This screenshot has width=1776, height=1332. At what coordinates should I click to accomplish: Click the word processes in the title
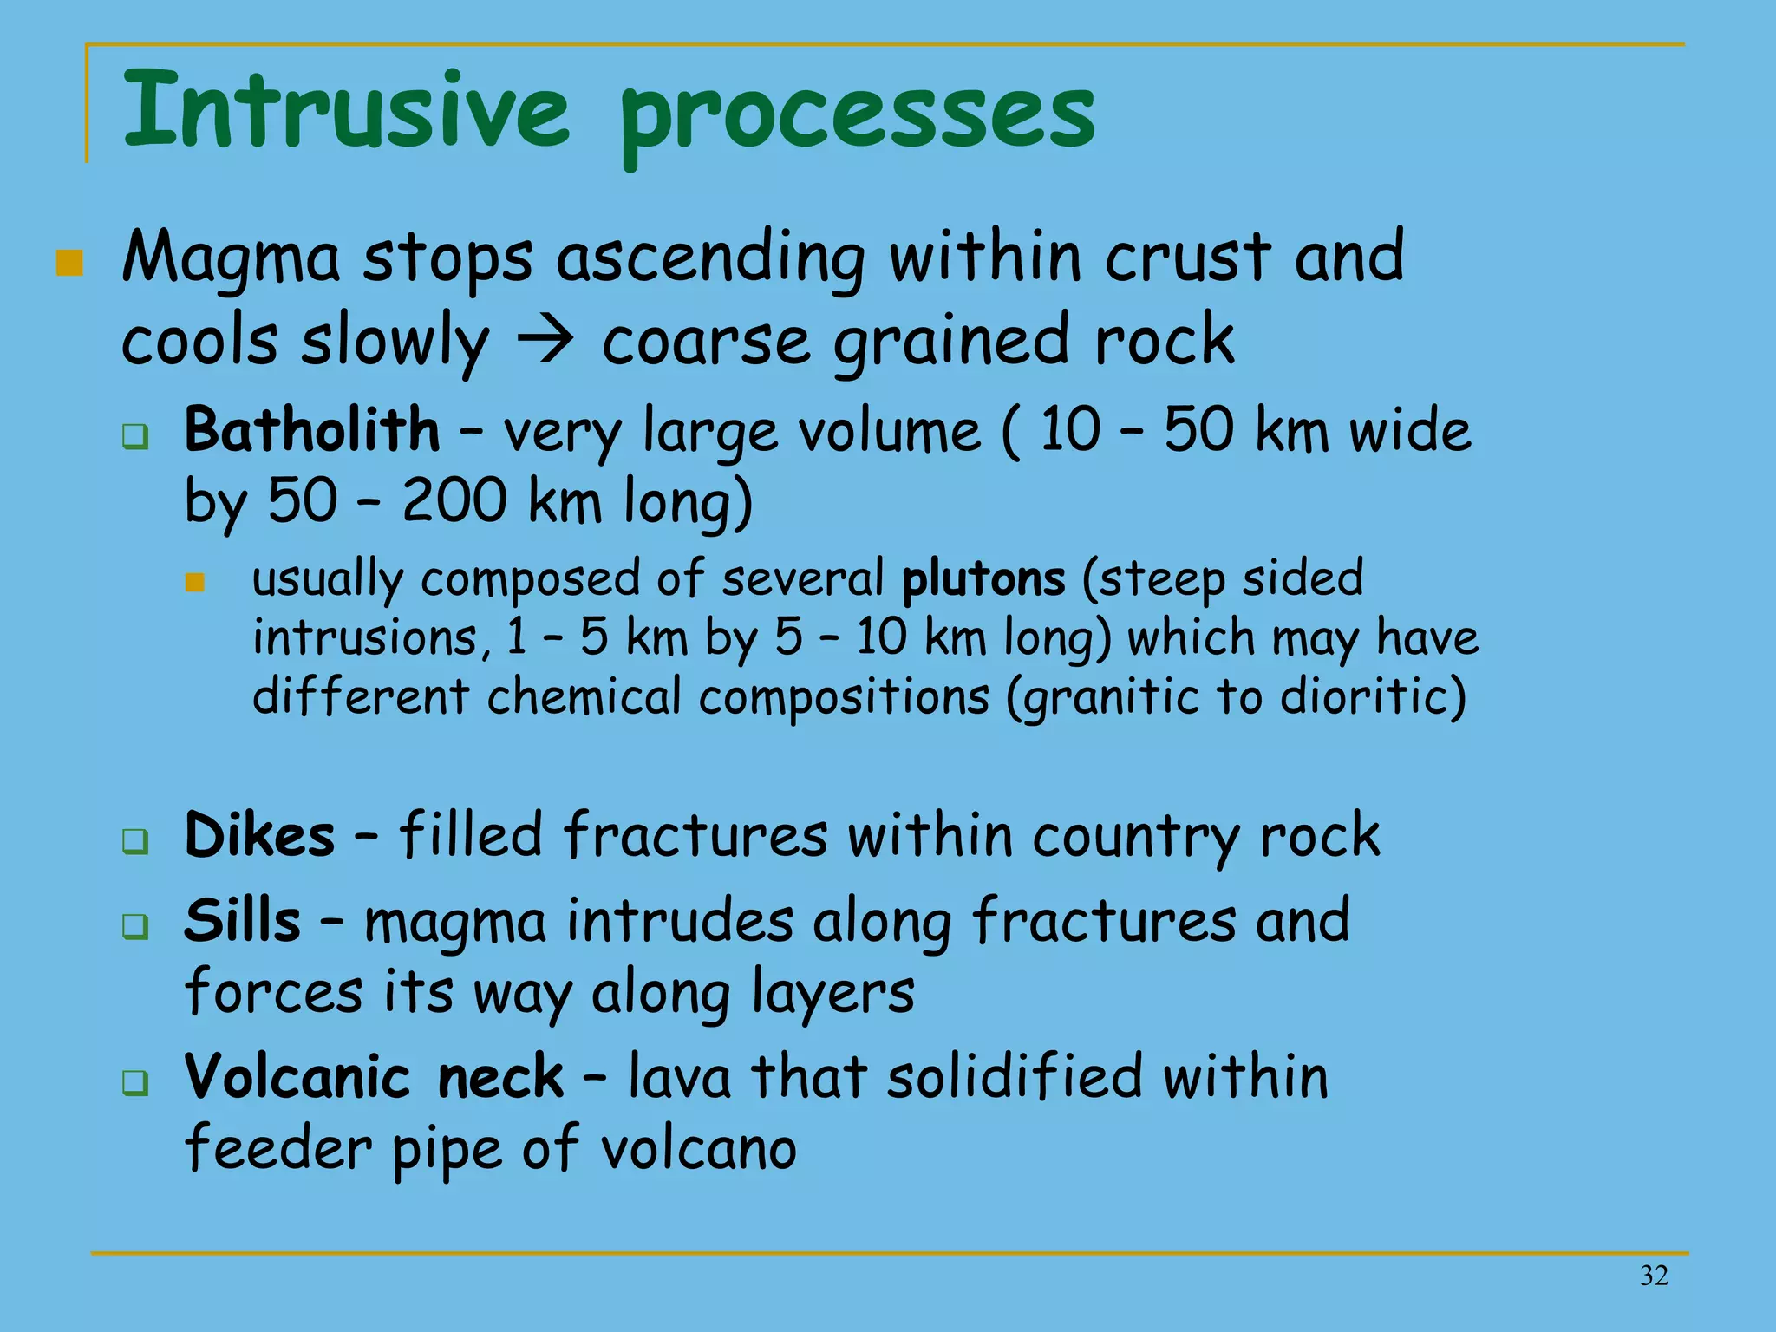tap(857, 117)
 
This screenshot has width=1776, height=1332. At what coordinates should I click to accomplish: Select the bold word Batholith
tap(312, 430)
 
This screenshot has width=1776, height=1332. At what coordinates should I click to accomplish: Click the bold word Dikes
tap(259, 836)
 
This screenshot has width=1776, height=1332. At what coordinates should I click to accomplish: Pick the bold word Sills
tap(243, 921)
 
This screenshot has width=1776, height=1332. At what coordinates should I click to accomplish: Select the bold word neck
tap(500, 1077)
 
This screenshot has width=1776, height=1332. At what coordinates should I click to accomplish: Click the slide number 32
tap(1654, 1276)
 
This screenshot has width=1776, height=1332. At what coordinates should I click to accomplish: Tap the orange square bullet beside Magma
tap(69, 263)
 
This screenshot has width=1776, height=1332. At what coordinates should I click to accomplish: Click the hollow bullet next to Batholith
tap(135, 436)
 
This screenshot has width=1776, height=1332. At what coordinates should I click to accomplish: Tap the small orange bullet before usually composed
tap(195, 582)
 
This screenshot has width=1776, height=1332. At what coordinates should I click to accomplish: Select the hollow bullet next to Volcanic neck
tap(135, 1082)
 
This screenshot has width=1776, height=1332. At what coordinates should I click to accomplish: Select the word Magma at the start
tap(231, 259)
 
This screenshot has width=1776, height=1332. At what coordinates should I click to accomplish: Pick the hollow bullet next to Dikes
tap(135, 840)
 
